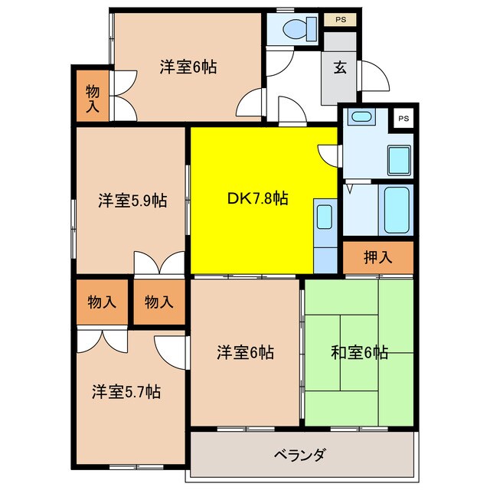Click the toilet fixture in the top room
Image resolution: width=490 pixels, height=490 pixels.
coord(299,29)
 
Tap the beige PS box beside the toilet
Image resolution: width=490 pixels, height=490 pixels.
coord(340,20)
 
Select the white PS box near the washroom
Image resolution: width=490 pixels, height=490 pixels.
coord(403,118)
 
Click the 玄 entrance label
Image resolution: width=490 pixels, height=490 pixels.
coord(340,67)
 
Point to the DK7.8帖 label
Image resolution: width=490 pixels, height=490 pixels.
coord(257,198)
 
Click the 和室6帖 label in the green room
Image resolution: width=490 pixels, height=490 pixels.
coord(359,352)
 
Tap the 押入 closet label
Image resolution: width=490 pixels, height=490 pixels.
coord(377,257)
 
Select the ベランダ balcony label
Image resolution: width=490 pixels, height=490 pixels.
coord(300,455)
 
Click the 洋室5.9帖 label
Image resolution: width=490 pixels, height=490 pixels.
coord(132,201)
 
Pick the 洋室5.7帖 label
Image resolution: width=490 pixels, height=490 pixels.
coord(126,391)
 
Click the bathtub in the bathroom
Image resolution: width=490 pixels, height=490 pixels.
coord(397,210)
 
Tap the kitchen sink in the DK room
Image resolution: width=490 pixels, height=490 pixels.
coord(325,217)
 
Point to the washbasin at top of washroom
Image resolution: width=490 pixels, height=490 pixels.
coord(361,117)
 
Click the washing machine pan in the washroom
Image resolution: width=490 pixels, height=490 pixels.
coord(399,161)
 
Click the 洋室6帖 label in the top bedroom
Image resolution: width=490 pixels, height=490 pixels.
coord(188,67)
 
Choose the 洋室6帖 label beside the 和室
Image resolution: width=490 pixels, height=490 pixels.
coord(245,352)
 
